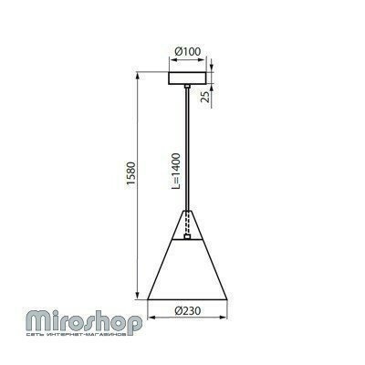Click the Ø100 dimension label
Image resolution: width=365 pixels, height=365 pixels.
pyautogui.click(x=188, y=51)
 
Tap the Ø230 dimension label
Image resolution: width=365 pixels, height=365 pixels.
pyautogui.click(x=188, y=311)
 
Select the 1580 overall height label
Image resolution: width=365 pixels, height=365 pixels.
pyautogui.click(x=131, y=173)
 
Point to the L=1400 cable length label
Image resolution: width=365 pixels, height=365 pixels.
pyautogui.click(x=176, y=172)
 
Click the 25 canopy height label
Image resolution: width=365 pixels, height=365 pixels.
pyautogui.click(x=206, y=97)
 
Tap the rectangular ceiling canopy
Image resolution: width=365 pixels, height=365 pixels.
pyautogui.click(x=188, y=78)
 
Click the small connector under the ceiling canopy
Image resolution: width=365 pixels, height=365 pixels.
pyautogui.click(x=187, y=87)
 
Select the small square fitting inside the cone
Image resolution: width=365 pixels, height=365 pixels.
pyautogui.click(x=187, y=236)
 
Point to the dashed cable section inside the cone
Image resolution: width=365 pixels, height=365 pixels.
pyautogui.click(x=187, y=222)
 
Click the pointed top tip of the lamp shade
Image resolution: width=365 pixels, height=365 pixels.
pyautogui.click(x=187, y=211)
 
